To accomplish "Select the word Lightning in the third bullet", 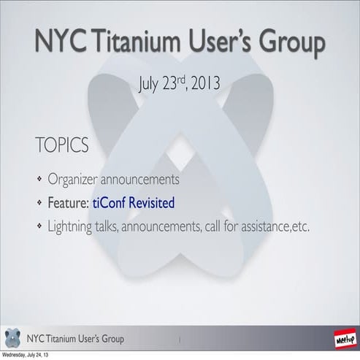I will pyautogui.click(x=75, y=227).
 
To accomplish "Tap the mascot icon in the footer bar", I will pyautogui.click(x=13, y=339).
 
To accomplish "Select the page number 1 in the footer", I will pyautogui.click(x=179, y=340).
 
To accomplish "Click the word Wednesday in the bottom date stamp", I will pyautogui.click(x=15, y=356).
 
